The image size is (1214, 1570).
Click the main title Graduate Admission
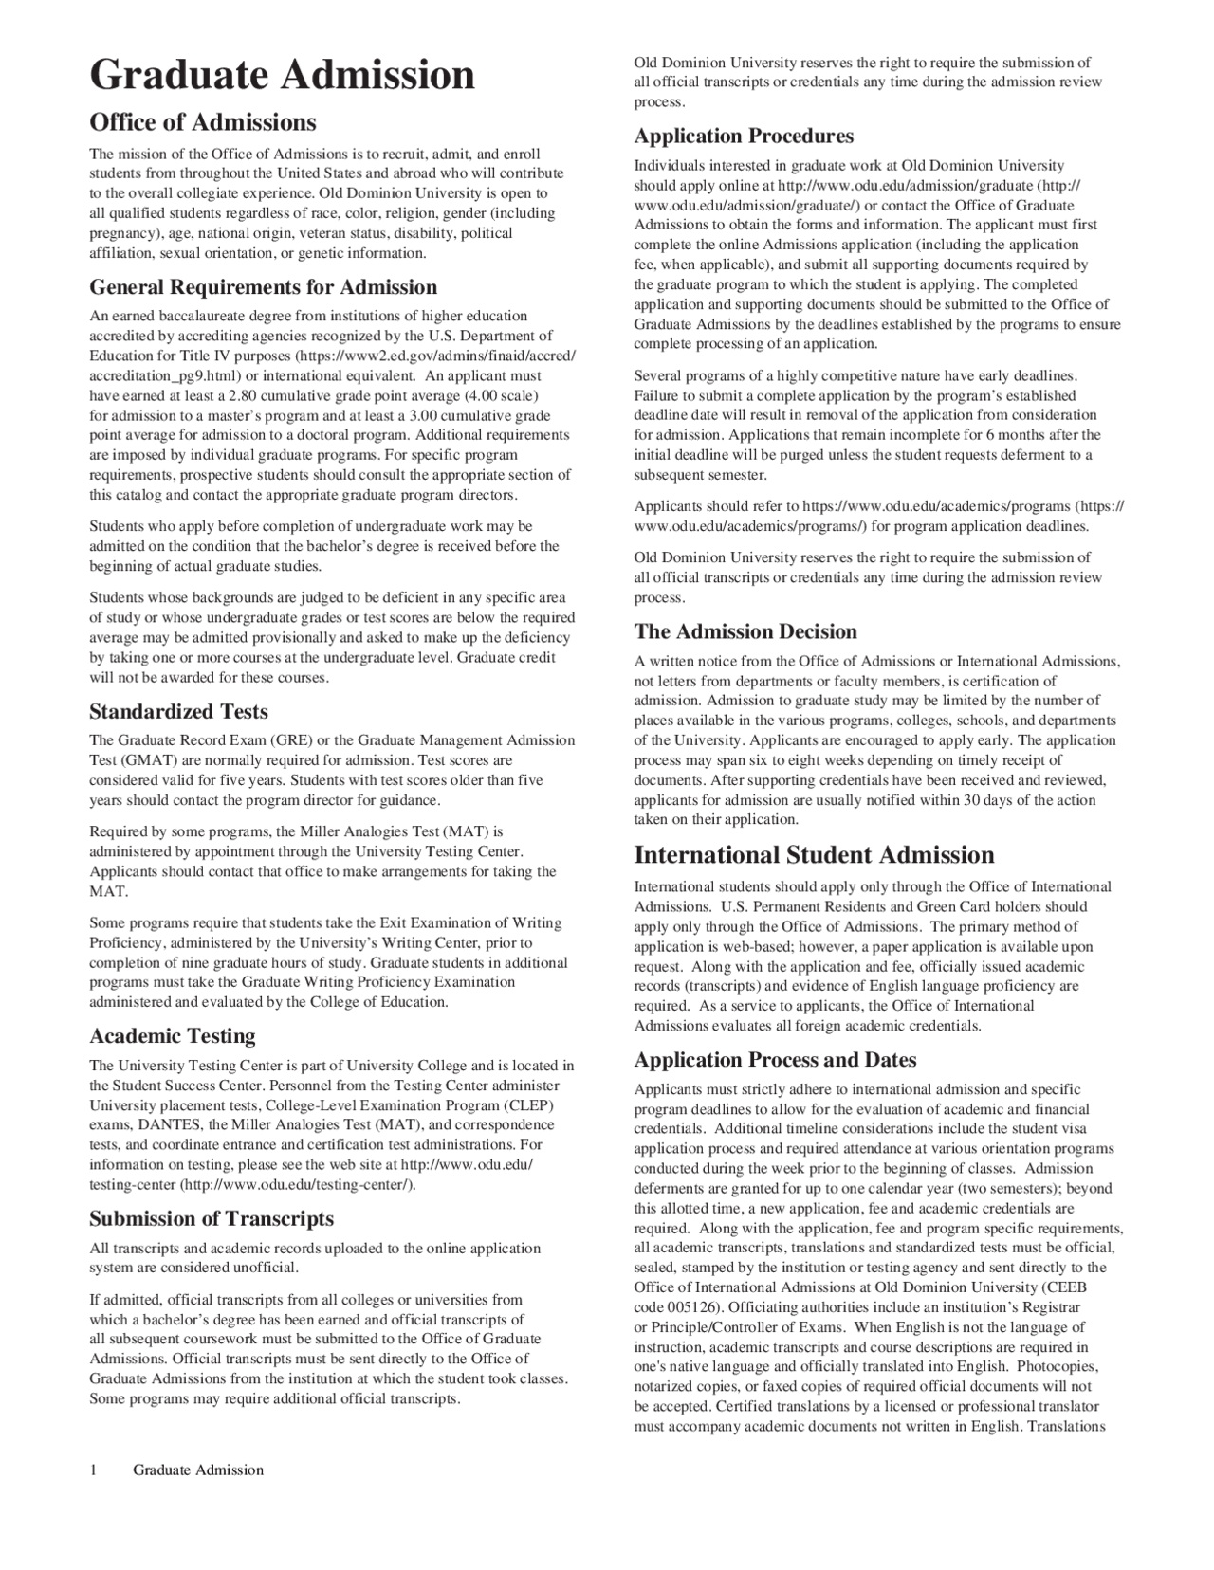coord(282,75)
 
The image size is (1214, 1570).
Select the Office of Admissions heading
coord(202,122)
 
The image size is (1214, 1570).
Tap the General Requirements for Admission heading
coord(263,287)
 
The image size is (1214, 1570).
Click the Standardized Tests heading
coord(178,712)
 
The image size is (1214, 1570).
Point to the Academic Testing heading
coord(173,1036)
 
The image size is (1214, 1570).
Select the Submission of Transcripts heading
coord(212,1218)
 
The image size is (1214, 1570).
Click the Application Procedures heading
coord(744,136)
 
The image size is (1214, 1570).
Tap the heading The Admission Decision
coord(745,632)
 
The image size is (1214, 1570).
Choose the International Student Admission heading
coord(814,855)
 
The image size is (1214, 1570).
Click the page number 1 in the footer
coord(93,1470)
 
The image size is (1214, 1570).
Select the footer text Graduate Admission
coord(198,1470)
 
